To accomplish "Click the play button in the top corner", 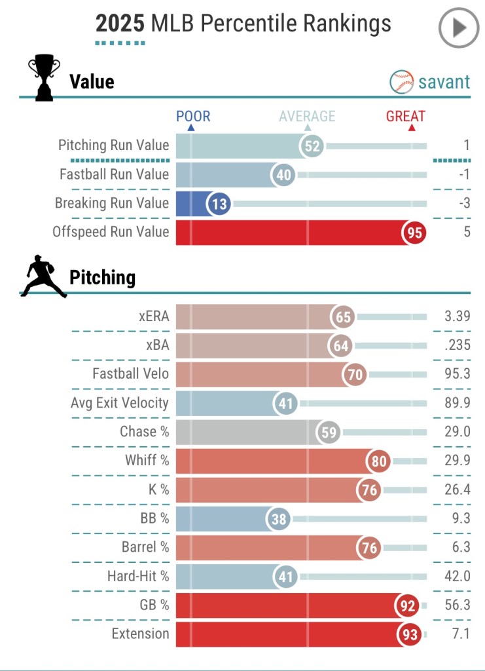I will click(x=459, y=28).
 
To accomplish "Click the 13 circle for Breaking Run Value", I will click(x=219, y=204).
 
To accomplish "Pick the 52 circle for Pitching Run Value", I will click(x=313, y=145).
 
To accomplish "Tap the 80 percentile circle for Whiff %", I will click(x=379, y=461).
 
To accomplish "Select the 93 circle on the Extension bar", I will click(x=408, y=634).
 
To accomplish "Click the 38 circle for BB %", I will click(x=278, y=519).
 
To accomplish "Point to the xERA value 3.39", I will click(x=457, y=317).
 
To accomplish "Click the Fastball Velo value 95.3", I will click(x=457, y=374).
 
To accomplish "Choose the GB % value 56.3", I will click(x=457, y=605).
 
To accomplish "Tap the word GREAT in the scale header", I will click(x=406, y=117).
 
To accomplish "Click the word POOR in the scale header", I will click(x=193, y=117).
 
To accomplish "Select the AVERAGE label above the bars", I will click(x=307, y=117).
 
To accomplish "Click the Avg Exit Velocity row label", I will click(x=120, y=403).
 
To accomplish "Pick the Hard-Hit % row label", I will click(x=138, y=576).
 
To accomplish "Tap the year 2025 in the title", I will click(x=120, y=24).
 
